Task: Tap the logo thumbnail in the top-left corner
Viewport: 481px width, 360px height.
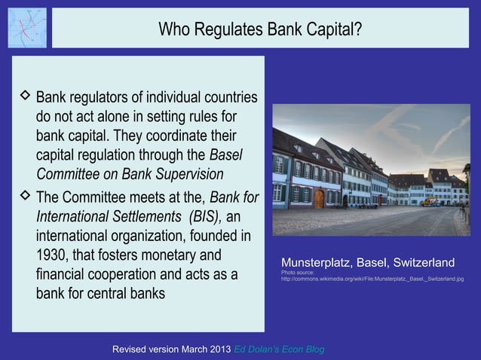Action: tap(27, 27)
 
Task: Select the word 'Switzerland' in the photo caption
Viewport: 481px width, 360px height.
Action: tap(419, 263)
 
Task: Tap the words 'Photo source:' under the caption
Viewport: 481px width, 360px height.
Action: tap(297, 272)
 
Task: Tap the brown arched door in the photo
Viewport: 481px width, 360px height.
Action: tap(319, 198)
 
